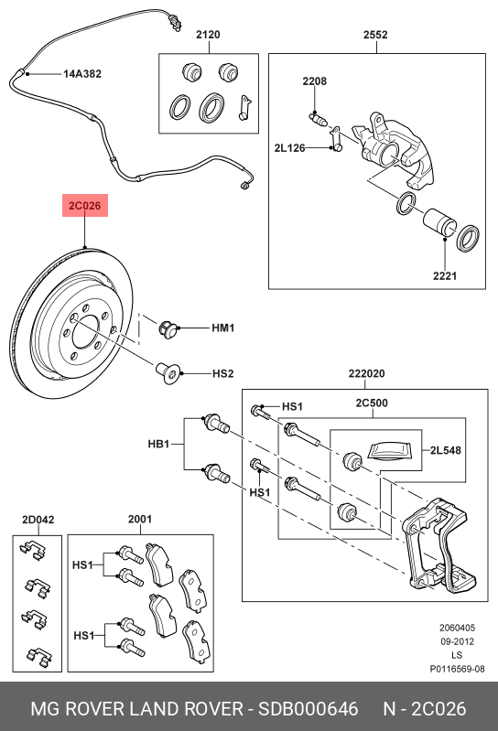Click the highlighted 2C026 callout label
pos(85,206)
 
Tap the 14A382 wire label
pos(82,74)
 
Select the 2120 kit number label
pos(208,35)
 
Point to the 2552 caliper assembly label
pos(375,35)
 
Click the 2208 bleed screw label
pos(314,81)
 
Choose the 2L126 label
pos(289,148)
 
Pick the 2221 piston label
pos(445,276)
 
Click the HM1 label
pos(222,328)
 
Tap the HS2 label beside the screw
pos(222,374)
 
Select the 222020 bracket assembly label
pos(366,374)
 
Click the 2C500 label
pos(372,403)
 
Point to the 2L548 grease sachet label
pos(445,450)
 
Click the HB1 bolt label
pos(158,444)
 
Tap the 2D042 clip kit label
pos(38,520)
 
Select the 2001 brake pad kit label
pos(140,519)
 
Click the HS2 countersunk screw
pos(168,373)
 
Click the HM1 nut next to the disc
pos(168,329)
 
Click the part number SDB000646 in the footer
pos(309,709)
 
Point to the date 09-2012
pos(457,641)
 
